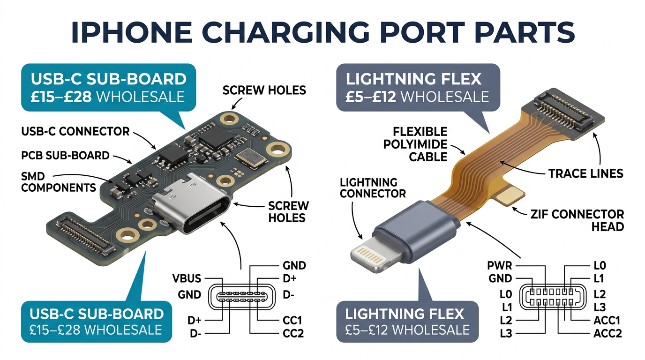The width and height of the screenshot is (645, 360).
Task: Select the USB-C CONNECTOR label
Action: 75,132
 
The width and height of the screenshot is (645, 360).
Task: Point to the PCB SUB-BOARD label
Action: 65,156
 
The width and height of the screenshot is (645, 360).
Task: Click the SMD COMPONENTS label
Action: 59,182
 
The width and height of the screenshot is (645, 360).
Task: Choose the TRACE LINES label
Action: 586,173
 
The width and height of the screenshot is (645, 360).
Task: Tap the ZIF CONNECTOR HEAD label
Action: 577,221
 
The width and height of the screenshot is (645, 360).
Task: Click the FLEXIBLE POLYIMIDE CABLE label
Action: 415,144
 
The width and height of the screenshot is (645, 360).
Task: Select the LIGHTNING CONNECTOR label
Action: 373,188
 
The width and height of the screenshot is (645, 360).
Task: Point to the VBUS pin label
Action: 187,278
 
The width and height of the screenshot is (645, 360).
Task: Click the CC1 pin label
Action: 292,320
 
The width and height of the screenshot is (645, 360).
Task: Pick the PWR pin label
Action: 500,265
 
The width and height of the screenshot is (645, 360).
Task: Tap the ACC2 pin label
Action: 607,333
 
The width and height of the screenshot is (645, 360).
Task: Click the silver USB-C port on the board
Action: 191,203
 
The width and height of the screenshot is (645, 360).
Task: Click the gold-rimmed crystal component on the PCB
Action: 250,157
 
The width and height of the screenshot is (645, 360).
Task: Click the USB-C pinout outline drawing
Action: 241,297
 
